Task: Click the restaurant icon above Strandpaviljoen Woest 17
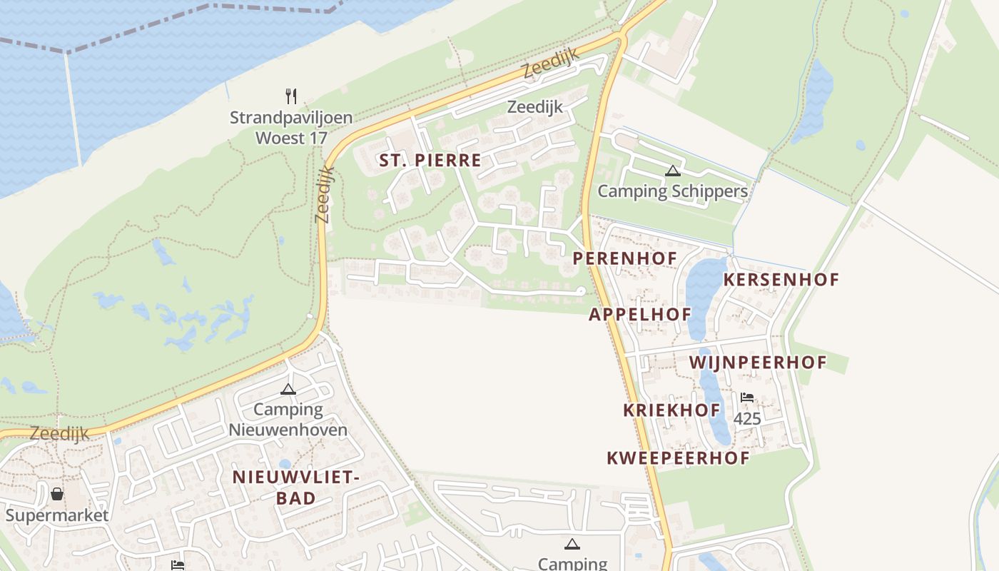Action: click(290, 96)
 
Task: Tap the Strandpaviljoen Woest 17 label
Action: click(290, 127)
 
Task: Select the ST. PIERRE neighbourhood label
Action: click(430, 161)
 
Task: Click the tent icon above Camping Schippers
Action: click(672, 171)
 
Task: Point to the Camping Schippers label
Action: click(672, 191)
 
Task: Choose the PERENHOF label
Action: click(624, 258)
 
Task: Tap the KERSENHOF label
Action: click(781, 280)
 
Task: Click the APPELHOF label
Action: click(639, 314)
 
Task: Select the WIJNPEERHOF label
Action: click(757, 363)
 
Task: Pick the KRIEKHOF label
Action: click(671, 410)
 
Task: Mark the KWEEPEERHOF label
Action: click(678, 458)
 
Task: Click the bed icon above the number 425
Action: click(747, 398)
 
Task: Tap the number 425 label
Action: click(747, 419)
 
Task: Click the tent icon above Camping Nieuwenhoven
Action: click(288, 389)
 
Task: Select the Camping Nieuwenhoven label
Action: click(288, 420)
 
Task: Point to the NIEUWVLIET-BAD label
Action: click(295, 487)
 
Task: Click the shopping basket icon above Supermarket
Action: click(57, 494)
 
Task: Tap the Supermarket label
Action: click(57, 515)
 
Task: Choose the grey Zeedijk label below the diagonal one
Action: click(534, 107)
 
